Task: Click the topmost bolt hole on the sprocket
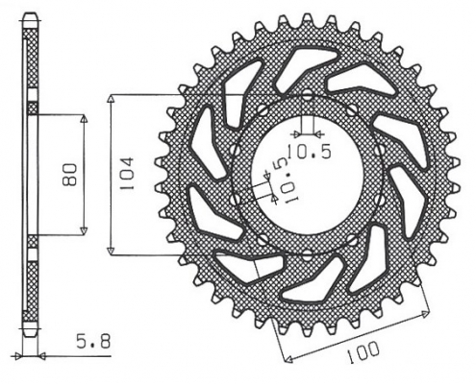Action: (x=306, y=95)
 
